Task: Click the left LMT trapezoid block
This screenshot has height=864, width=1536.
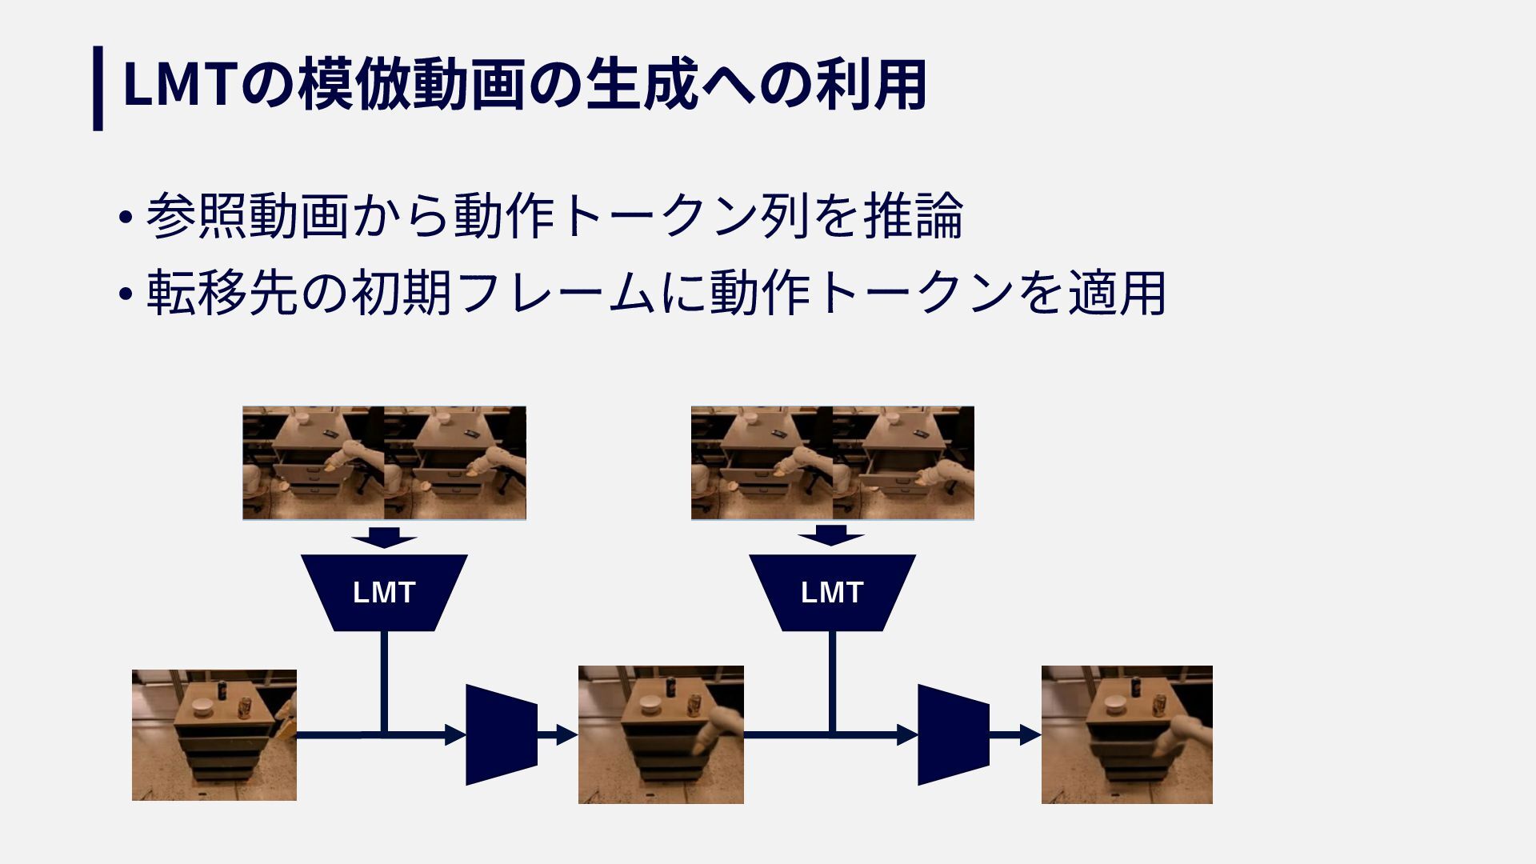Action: coord(384,592)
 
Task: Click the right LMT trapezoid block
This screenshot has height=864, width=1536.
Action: coord(832,592)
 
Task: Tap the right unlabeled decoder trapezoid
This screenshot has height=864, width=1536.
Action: coord(953,734)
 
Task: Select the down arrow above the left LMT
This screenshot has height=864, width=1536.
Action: coord(384,536)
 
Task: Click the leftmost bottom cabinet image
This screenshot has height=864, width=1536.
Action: coord(214,734)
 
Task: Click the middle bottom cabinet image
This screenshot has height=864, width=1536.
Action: coord(661,734)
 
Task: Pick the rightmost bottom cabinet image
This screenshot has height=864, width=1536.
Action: coord(1126,734)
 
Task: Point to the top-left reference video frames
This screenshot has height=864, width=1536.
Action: coord(384,462)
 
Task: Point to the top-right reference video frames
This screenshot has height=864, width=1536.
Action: coord(832,462)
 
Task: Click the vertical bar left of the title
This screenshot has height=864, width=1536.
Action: coord(98,87)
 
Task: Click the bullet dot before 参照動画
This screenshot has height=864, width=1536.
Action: coord(124,218)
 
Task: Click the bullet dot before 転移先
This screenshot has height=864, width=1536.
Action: coord(124,294)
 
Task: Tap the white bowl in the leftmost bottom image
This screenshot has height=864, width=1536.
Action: coord(201,706)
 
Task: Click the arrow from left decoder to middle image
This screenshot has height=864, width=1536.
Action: coord(558,734)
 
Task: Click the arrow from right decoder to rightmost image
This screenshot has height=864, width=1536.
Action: coord(1015,734)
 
